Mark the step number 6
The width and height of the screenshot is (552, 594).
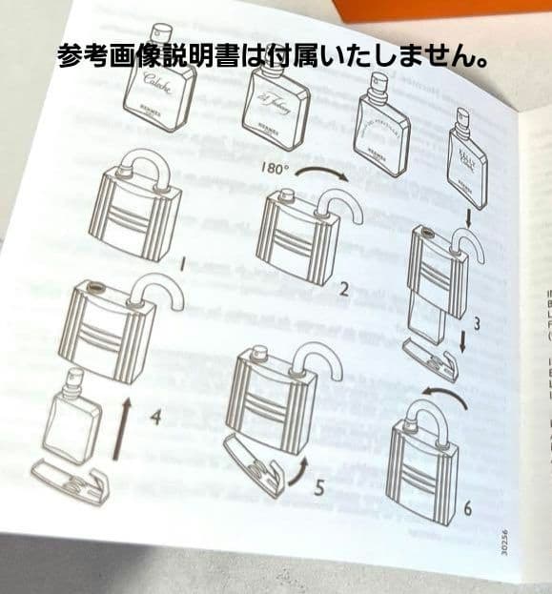click(x=467, y=508)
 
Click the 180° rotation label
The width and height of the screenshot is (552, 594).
click(x=275, y=172)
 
